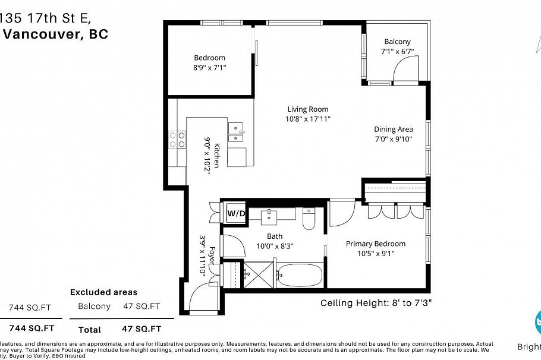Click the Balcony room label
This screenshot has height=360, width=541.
tap(397, 42)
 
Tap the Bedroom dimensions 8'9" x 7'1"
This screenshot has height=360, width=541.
tap(209, 68)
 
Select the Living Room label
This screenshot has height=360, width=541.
tap(308, 109)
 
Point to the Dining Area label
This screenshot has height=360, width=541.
tap(393, 129)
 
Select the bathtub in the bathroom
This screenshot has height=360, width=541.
tap(300, 276)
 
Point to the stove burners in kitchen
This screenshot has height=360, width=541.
tap(177, 140)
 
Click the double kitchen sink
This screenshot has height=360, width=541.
tap(237, 132)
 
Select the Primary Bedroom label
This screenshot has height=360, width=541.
tap(376, 244)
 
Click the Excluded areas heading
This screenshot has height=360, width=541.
tap(103, 292)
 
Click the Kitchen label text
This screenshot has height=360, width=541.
tap(217, 155)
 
